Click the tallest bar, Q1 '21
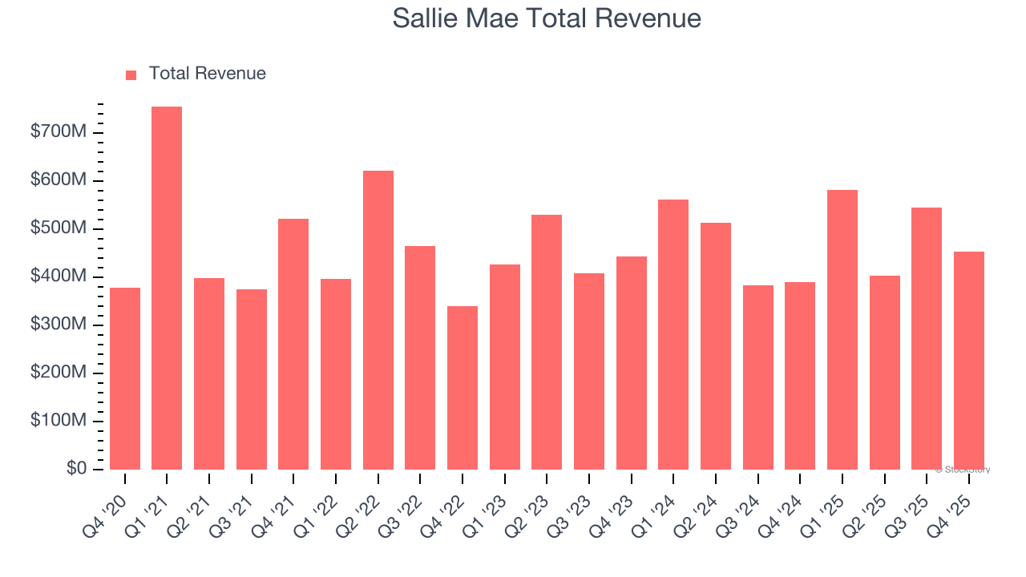(167, 288)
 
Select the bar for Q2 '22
(378, 320)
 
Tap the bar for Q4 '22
(463, 388)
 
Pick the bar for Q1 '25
(842, 329)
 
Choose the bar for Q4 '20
(125, 378)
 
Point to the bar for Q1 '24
(673, 334)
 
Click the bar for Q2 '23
(547, 342)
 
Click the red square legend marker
(131, 75)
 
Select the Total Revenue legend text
(207, 74)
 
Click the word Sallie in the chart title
(427, 18)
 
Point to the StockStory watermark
(963, 470)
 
